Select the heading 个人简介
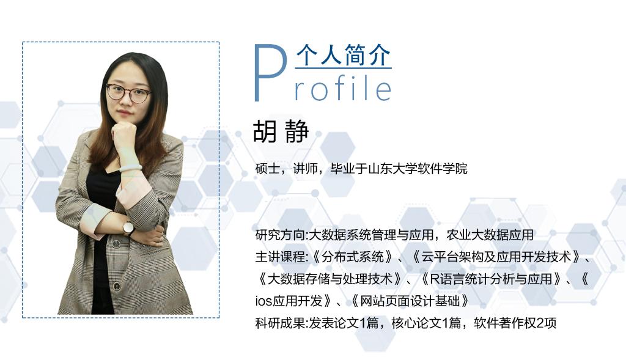(344, 55)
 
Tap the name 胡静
(281, 131)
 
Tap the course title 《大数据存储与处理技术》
(330, 279)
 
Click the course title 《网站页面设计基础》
(410, 301)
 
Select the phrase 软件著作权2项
(515, 323)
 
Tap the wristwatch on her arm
(128, 229)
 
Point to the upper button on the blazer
(116, 244)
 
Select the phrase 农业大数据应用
(490, 235)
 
